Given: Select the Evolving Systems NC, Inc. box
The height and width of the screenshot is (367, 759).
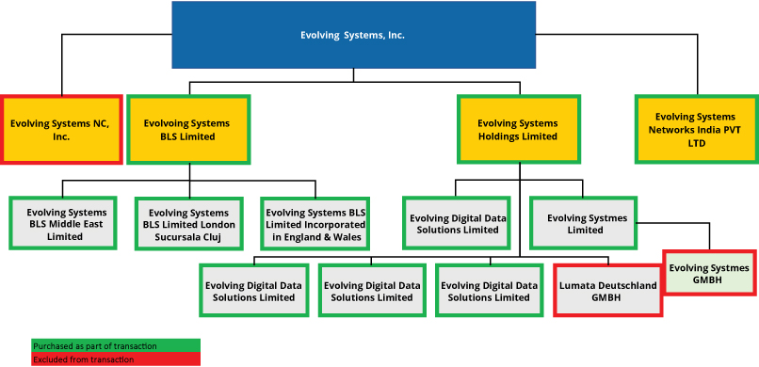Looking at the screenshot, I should (x=61, y=129).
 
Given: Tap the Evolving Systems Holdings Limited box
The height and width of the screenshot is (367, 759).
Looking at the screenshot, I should (x=517, y=129).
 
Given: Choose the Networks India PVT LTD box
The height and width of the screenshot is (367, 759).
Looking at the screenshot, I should (x=696, y=129).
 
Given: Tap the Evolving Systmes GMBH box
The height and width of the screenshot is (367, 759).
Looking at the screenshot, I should (x=710, y=274).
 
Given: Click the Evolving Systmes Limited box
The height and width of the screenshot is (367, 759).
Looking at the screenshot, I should (x=586, y=224).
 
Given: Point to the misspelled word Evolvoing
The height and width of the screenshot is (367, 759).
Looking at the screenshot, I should (x=169, y=123).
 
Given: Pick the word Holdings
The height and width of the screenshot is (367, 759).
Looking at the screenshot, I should (x=505, y=136).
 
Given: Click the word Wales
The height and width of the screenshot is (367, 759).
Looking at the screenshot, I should (x=350, y=237).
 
